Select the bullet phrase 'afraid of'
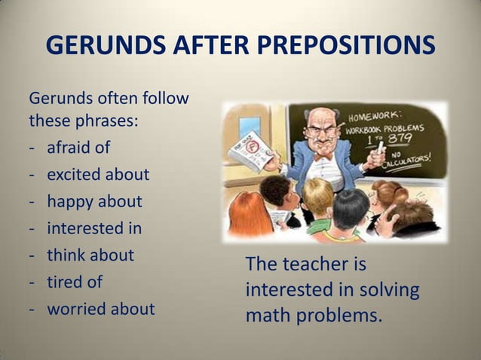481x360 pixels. [78, 147]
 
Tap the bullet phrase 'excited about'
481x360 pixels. [98, 175]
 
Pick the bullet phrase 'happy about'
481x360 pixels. [94, 202]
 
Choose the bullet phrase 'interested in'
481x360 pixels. [94, 228]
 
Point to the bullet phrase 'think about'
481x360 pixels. [90, 255]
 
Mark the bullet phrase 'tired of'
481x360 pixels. [75, 282]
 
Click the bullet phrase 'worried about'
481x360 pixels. [101, 309]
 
